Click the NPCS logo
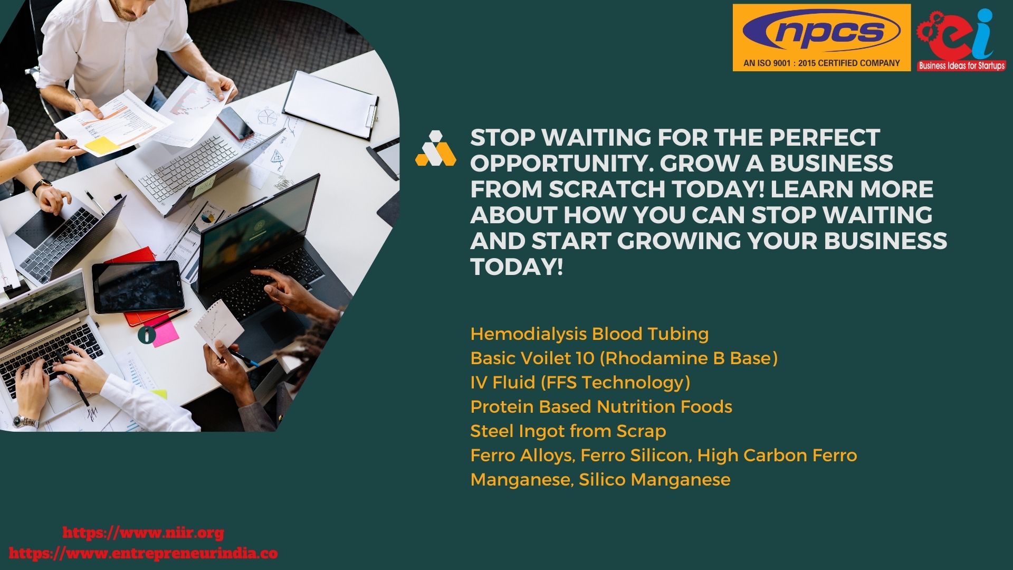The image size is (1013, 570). click(x=821, y=37)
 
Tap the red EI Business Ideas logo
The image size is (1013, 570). click(x=961, y=40)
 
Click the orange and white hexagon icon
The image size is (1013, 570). click(x=436, y=148)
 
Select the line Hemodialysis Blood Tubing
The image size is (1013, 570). click(x=589, y=334)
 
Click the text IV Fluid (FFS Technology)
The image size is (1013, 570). click(x=580, y=383)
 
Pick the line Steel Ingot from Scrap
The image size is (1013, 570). click(x=568, y=431)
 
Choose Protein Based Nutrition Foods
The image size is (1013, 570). click(x=601, y=407)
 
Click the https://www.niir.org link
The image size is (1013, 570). click(x=143, y=533)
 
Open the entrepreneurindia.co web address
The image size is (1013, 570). click(x=143, y=554)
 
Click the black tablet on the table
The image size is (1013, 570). click(x=138, y=287)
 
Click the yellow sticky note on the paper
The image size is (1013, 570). click(x=101, y=144)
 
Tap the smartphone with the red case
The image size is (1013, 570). click(x=235, y=124)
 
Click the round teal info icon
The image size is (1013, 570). click(x=147, y=335)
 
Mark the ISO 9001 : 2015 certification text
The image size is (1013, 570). click(x=821, y=63)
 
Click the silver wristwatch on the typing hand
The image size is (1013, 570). click(x=26, y=422)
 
